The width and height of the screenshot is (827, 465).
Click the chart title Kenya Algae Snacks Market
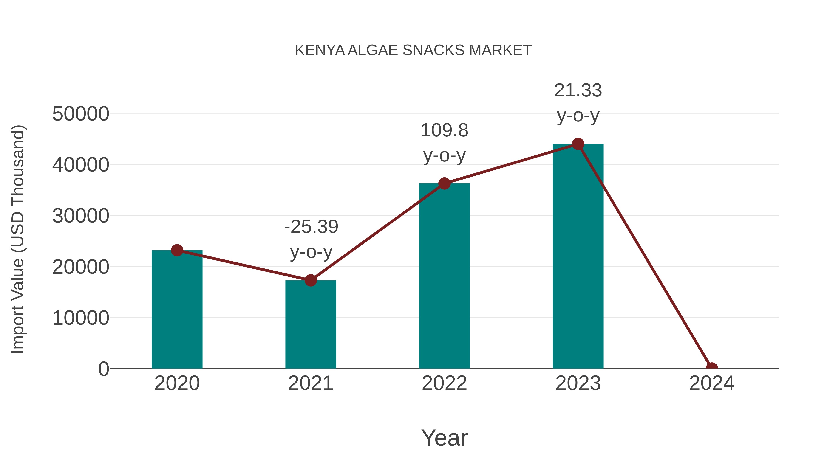click(413, 50)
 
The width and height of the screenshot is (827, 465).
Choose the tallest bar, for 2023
click(578, 257)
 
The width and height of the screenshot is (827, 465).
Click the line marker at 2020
click(177, 250)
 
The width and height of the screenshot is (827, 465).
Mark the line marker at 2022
click(444, 183)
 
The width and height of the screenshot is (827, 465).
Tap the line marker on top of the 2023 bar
click(578, 144)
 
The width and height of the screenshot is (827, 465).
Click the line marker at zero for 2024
click(711, 368)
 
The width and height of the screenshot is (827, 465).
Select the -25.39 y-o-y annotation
click(311, 239)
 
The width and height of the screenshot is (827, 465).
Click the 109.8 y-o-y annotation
click(444, 143)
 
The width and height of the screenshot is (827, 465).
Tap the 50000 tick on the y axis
click(81, 114)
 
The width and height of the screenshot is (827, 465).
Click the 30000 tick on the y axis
click(81, 216)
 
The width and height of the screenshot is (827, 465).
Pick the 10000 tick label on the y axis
click(81, 318)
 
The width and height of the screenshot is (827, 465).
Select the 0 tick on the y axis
click(104, 369)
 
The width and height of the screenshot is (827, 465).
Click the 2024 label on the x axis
click(711, 383)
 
